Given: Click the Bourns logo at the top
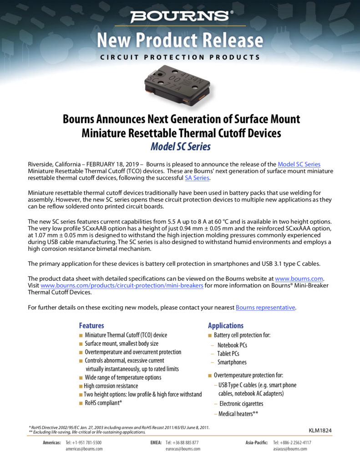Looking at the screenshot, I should tap(180, 16).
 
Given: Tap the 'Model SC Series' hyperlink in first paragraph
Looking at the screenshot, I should tap(299, 164).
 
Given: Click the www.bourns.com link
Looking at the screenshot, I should tap(299, 279).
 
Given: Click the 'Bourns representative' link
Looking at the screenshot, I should tap(265, 308).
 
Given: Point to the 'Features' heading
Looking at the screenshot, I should tap(91, 326).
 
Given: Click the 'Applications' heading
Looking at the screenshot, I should tap(226, 326).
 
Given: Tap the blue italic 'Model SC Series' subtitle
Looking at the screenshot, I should tap(180, 147).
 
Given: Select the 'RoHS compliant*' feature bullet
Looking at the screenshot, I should tap(103, 403).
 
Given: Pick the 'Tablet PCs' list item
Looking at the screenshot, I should tap(228, 354).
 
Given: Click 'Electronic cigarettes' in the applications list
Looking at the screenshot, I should tap(241, 404).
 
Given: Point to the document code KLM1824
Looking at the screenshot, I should tap(320, 430).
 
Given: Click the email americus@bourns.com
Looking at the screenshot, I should tap(84, 449).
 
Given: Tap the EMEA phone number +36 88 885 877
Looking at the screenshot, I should tap(182, 442).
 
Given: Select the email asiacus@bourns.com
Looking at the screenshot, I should tap(290, 449).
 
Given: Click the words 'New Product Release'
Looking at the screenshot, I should tap(180, 40).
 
